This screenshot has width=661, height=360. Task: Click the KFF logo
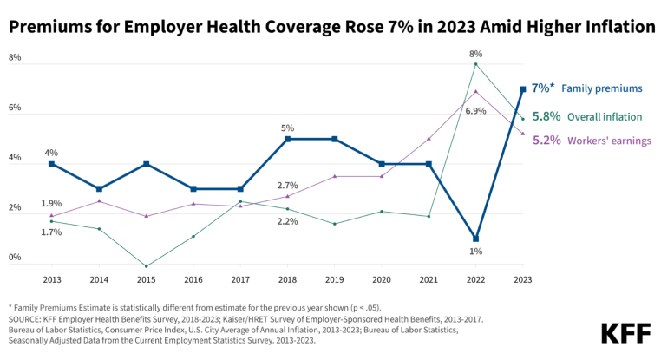pos(621,333)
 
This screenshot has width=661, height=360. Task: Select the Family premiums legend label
pos(602,88)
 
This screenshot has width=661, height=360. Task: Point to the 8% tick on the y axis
pos(15,58)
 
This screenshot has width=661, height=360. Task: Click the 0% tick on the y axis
pos(15,258)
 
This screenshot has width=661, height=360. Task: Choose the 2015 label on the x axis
pos(146,279)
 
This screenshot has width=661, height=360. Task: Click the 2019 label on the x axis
pos(335,279)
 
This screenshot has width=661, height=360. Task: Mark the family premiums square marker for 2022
pos(475,239)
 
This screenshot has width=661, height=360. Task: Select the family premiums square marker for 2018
pos(287,139)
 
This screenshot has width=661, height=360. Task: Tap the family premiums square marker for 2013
pos(52,164)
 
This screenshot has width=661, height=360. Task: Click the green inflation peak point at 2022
pos(475,64)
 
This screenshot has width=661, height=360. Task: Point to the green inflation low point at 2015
pos(146,266)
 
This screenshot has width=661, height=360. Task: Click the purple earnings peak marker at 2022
pos(475,91)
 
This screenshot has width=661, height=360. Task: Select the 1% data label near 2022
pos(475,252)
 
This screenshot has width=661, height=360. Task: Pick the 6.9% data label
pos(475,111)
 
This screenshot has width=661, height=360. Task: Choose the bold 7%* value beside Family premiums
pos(542,88)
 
